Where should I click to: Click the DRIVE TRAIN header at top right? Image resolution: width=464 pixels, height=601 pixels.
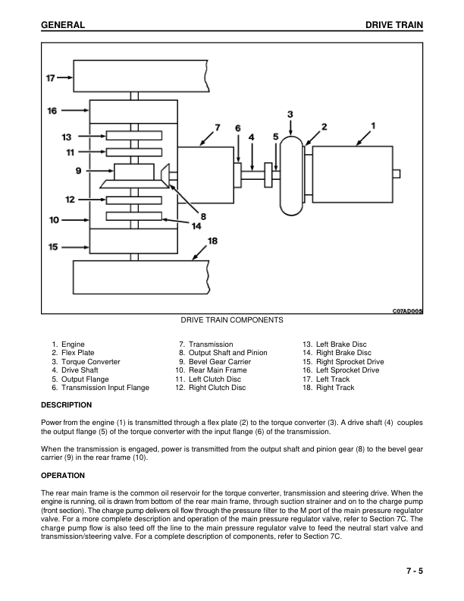coord(393,25)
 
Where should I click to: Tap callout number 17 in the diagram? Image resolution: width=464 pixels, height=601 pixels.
coord(51,77)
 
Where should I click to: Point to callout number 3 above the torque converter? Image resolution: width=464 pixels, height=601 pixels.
coord(290,114)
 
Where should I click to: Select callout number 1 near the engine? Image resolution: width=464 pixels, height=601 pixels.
coord(373,124)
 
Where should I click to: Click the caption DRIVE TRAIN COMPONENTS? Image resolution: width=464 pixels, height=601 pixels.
coord(232,320)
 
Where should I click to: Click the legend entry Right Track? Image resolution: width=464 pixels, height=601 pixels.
coord(335,388)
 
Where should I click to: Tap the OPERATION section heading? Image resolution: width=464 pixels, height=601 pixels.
coord(63,477)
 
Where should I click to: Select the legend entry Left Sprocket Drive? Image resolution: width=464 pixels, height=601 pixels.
coord(347,370)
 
